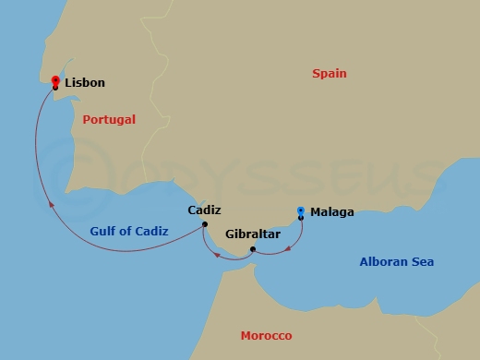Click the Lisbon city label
tap(85, 83)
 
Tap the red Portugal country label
tap(109, 120)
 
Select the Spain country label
tap(330, 74)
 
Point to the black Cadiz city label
tap(204, 210)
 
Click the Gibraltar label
tap(252, 234)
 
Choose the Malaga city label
tap(331, 212)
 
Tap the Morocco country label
tap(266, 335)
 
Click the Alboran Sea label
tap(396, 262)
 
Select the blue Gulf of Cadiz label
tap(129, 232)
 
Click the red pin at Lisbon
tap(55, 81)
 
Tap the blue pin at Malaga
tap(301, 212)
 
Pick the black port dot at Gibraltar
tap(252, 248)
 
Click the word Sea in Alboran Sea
tap(423, 262)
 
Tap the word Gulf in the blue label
tap(104, 232)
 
